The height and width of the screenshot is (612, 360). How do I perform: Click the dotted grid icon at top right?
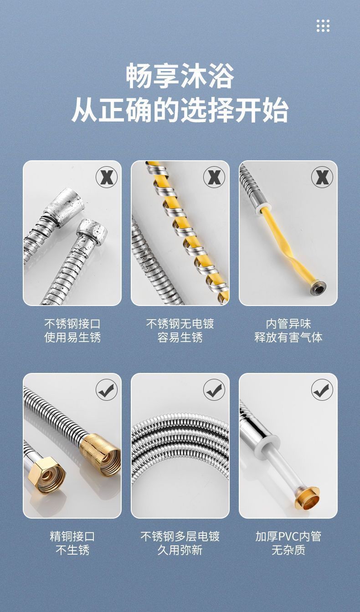(323, 25)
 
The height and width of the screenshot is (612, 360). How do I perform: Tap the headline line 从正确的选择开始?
(180, 110)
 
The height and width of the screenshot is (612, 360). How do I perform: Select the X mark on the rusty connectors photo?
(106, 177)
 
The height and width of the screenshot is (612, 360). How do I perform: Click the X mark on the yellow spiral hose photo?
(214, 177)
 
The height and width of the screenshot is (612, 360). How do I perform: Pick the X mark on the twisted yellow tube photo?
(322, 177)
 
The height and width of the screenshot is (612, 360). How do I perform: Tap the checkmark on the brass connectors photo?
(106, 390)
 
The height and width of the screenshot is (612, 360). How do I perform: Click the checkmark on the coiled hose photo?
(214, 390)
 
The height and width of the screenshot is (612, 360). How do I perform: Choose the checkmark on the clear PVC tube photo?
(322, 390)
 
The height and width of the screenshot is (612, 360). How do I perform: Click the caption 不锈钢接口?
(72, 324)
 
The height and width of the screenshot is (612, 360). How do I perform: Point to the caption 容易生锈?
(180, 337)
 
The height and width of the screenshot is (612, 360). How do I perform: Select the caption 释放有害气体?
(288, 337)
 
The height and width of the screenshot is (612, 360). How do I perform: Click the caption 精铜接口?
(72, 536)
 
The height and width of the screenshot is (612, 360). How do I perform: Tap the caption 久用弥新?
(180, 550)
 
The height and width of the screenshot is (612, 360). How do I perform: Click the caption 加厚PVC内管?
(288, 536)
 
